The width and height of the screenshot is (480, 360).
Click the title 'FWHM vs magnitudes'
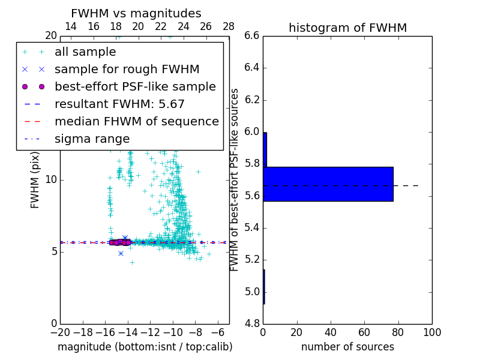(x=136, y=13)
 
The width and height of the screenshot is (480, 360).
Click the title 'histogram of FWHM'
(x=347, y=28)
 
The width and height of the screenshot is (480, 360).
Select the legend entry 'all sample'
(x=85, y=52)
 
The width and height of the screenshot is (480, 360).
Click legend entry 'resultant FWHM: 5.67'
(x=119, y=104)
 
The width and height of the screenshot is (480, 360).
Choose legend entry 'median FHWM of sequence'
(x=136, y=122)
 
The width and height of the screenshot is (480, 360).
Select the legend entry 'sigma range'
(x=92, y=139)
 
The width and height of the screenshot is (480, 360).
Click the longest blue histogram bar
(x=328, y=184)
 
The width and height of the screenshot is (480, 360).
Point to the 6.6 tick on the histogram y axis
(x=251, y=36)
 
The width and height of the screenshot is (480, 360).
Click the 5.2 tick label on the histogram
(x=251, y=260)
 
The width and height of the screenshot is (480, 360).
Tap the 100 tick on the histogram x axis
(x=432, y=332)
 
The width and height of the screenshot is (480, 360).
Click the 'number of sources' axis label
(x=347, y=347)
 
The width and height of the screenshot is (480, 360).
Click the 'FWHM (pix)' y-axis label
(x=35, y=179)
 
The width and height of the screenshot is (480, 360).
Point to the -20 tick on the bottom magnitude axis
(x=60, y=332)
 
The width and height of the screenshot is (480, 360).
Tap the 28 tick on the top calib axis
(x=229, y=26)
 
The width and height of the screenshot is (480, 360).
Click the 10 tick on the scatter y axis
(x=50, y=180)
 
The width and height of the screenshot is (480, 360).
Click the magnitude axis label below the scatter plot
(x=145, y=347)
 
